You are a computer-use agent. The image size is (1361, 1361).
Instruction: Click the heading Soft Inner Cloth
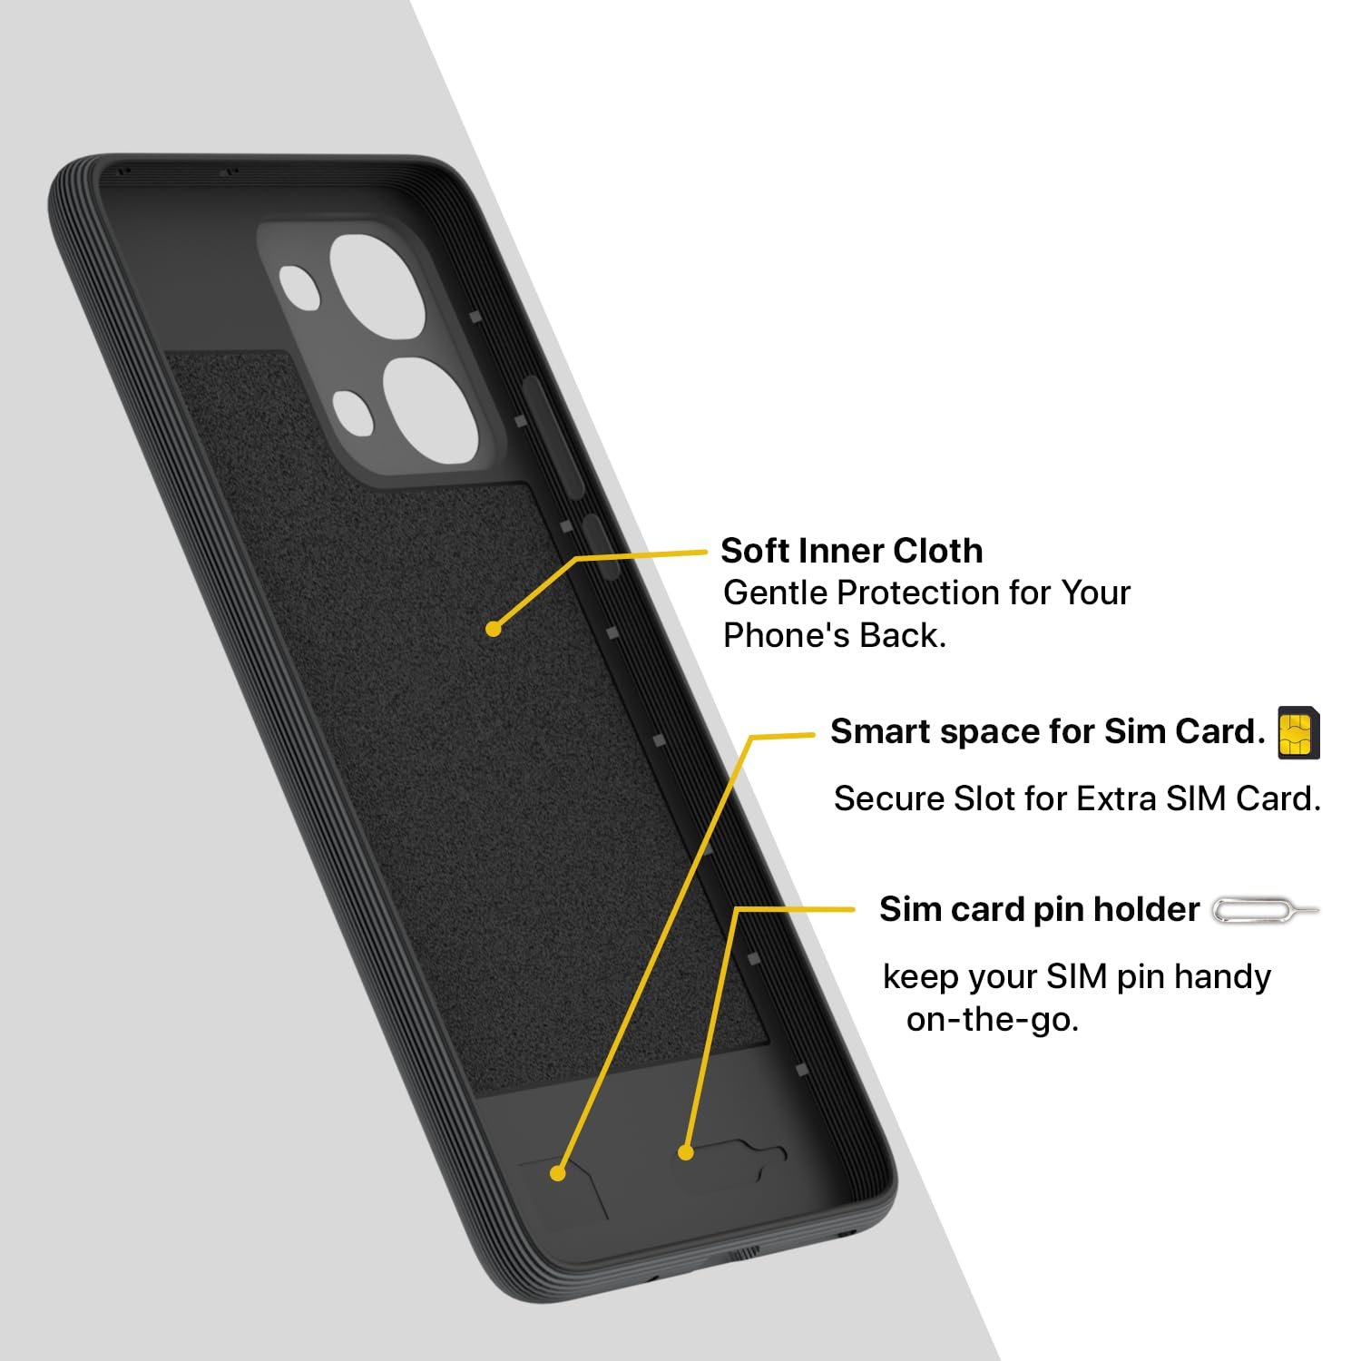(851, 551)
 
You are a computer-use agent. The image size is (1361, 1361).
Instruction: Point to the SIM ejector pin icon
(1266, 910)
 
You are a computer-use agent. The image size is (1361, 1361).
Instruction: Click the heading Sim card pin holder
(1039, 909)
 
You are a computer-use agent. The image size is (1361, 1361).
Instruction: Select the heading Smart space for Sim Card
(1048, 731)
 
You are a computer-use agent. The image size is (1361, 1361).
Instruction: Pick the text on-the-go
(993, 1020)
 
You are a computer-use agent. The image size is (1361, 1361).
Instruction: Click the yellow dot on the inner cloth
(493, 628)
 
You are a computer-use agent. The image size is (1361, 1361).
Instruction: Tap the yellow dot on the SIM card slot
(558, 1173)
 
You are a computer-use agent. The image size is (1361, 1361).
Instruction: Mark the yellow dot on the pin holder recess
(686, 1152)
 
